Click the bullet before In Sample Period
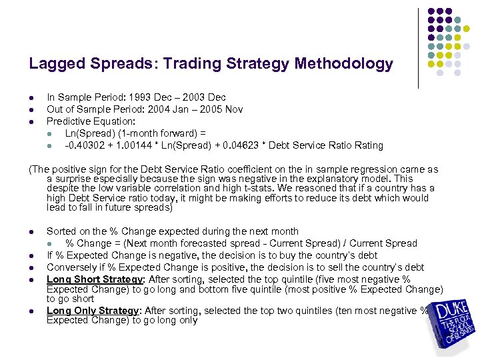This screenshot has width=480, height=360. click(x=31, y=98)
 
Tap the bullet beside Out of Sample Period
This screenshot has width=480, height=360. click(x=31, y=110)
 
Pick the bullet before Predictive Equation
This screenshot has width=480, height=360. click(x=31, y=122)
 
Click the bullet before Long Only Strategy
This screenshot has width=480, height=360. click(x=31, y=311)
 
